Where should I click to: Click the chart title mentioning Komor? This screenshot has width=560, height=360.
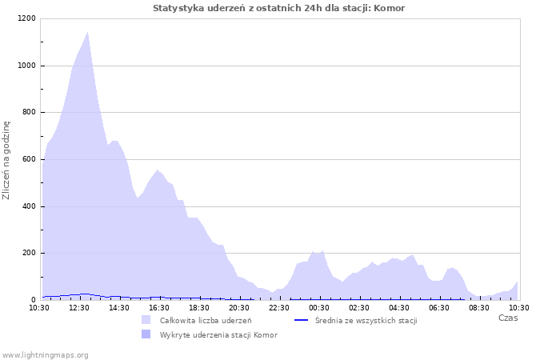pyautogui.click(x=279, y=8)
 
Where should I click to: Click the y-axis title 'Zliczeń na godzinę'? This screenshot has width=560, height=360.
pyautogui.click(x=6, y=160)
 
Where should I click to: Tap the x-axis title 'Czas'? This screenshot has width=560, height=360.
pyautogui.click(x=508, y=318)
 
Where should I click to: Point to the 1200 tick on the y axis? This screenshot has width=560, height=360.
pyautogui.click(x=26, y=18)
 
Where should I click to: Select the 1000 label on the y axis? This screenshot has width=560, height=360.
pyautogui.click(x=26, y=66)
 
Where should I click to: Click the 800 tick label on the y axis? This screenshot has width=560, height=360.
pyautogui.click(x=28, y=113)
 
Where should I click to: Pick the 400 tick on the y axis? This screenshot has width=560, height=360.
pyautogui.click(x=28, y=206)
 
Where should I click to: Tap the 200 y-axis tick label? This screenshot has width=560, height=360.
pyautogui.click(x=28, y=254)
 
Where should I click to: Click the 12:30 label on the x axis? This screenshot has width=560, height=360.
pyautogui.click(x=79, y=307)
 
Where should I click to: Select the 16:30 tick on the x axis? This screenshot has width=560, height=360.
pyautogui.click(x=159, y=307)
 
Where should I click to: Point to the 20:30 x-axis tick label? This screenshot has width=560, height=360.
pyautogui.click(x=239, y=307)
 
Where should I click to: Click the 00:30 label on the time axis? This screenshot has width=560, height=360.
pyautogui.click(x=319, y=307)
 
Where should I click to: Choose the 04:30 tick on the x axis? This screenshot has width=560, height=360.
pyautogui.click(x=399, y=307)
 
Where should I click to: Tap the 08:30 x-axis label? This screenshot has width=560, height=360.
pyautogui.click(x=479, y=307)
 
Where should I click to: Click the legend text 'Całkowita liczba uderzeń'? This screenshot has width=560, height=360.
pyautogui.click(x=206, y=320)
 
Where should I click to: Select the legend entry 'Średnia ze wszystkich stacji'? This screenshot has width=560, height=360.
pyautogui.click(x=366, y=320)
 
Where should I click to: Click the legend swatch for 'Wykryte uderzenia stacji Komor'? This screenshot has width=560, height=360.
pyautogui.click(x=146, y=334)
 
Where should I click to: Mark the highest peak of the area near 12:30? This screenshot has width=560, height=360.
pyautogui.click(x=87, y=32)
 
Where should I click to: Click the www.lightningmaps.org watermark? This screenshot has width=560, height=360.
pyautogui.click(x=46, y=354)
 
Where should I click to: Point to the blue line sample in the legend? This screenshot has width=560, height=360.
pyautogui.click(x=302, y=320)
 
